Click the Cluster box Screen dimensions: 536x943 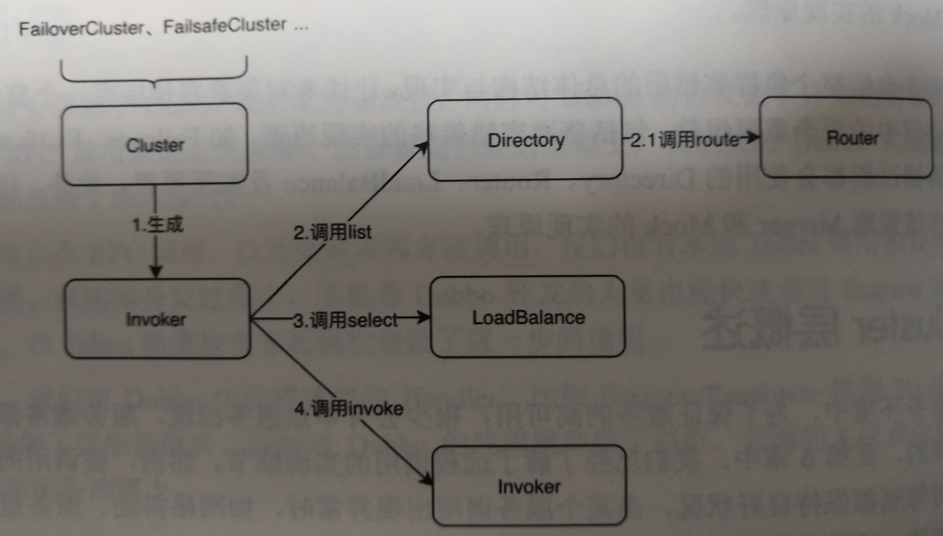point(155,145)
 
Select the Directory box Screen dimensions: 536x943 point(525,140)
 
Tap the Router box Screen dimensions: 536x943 point(846,138)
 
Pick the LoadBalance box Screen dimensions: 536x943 point(528,317)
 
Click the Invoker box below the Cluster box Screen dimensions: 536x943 point(157,318)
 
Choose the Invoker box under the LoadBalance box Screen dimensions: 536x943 point(529,486)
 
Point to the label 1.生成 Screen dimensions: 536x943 point(157,224)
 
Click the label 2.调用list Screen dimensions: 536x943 point(332,232)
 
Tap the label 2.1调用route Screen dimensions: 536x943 point(684,140)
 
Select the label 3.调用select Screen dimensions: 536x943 point(345,320)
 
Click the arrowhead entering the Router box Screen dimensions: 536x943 point(753,137)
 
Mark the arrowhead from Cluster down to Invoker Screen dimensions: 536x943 point(156,271)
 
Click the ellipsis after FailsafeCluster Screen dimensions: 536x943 point(301,28)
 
